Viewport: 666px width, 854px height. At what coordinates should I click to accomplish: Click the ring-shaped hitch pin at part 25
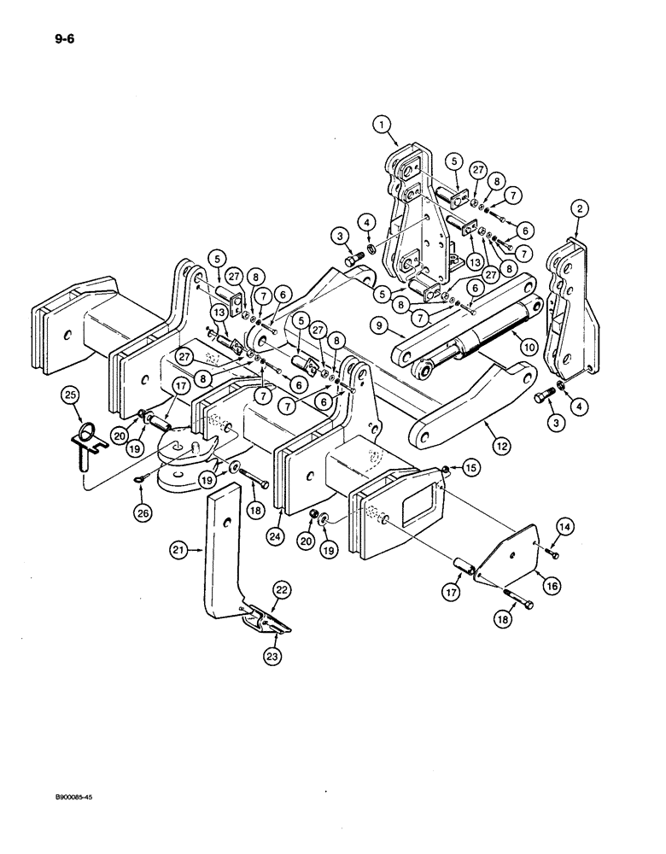(x=84, y=438)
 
